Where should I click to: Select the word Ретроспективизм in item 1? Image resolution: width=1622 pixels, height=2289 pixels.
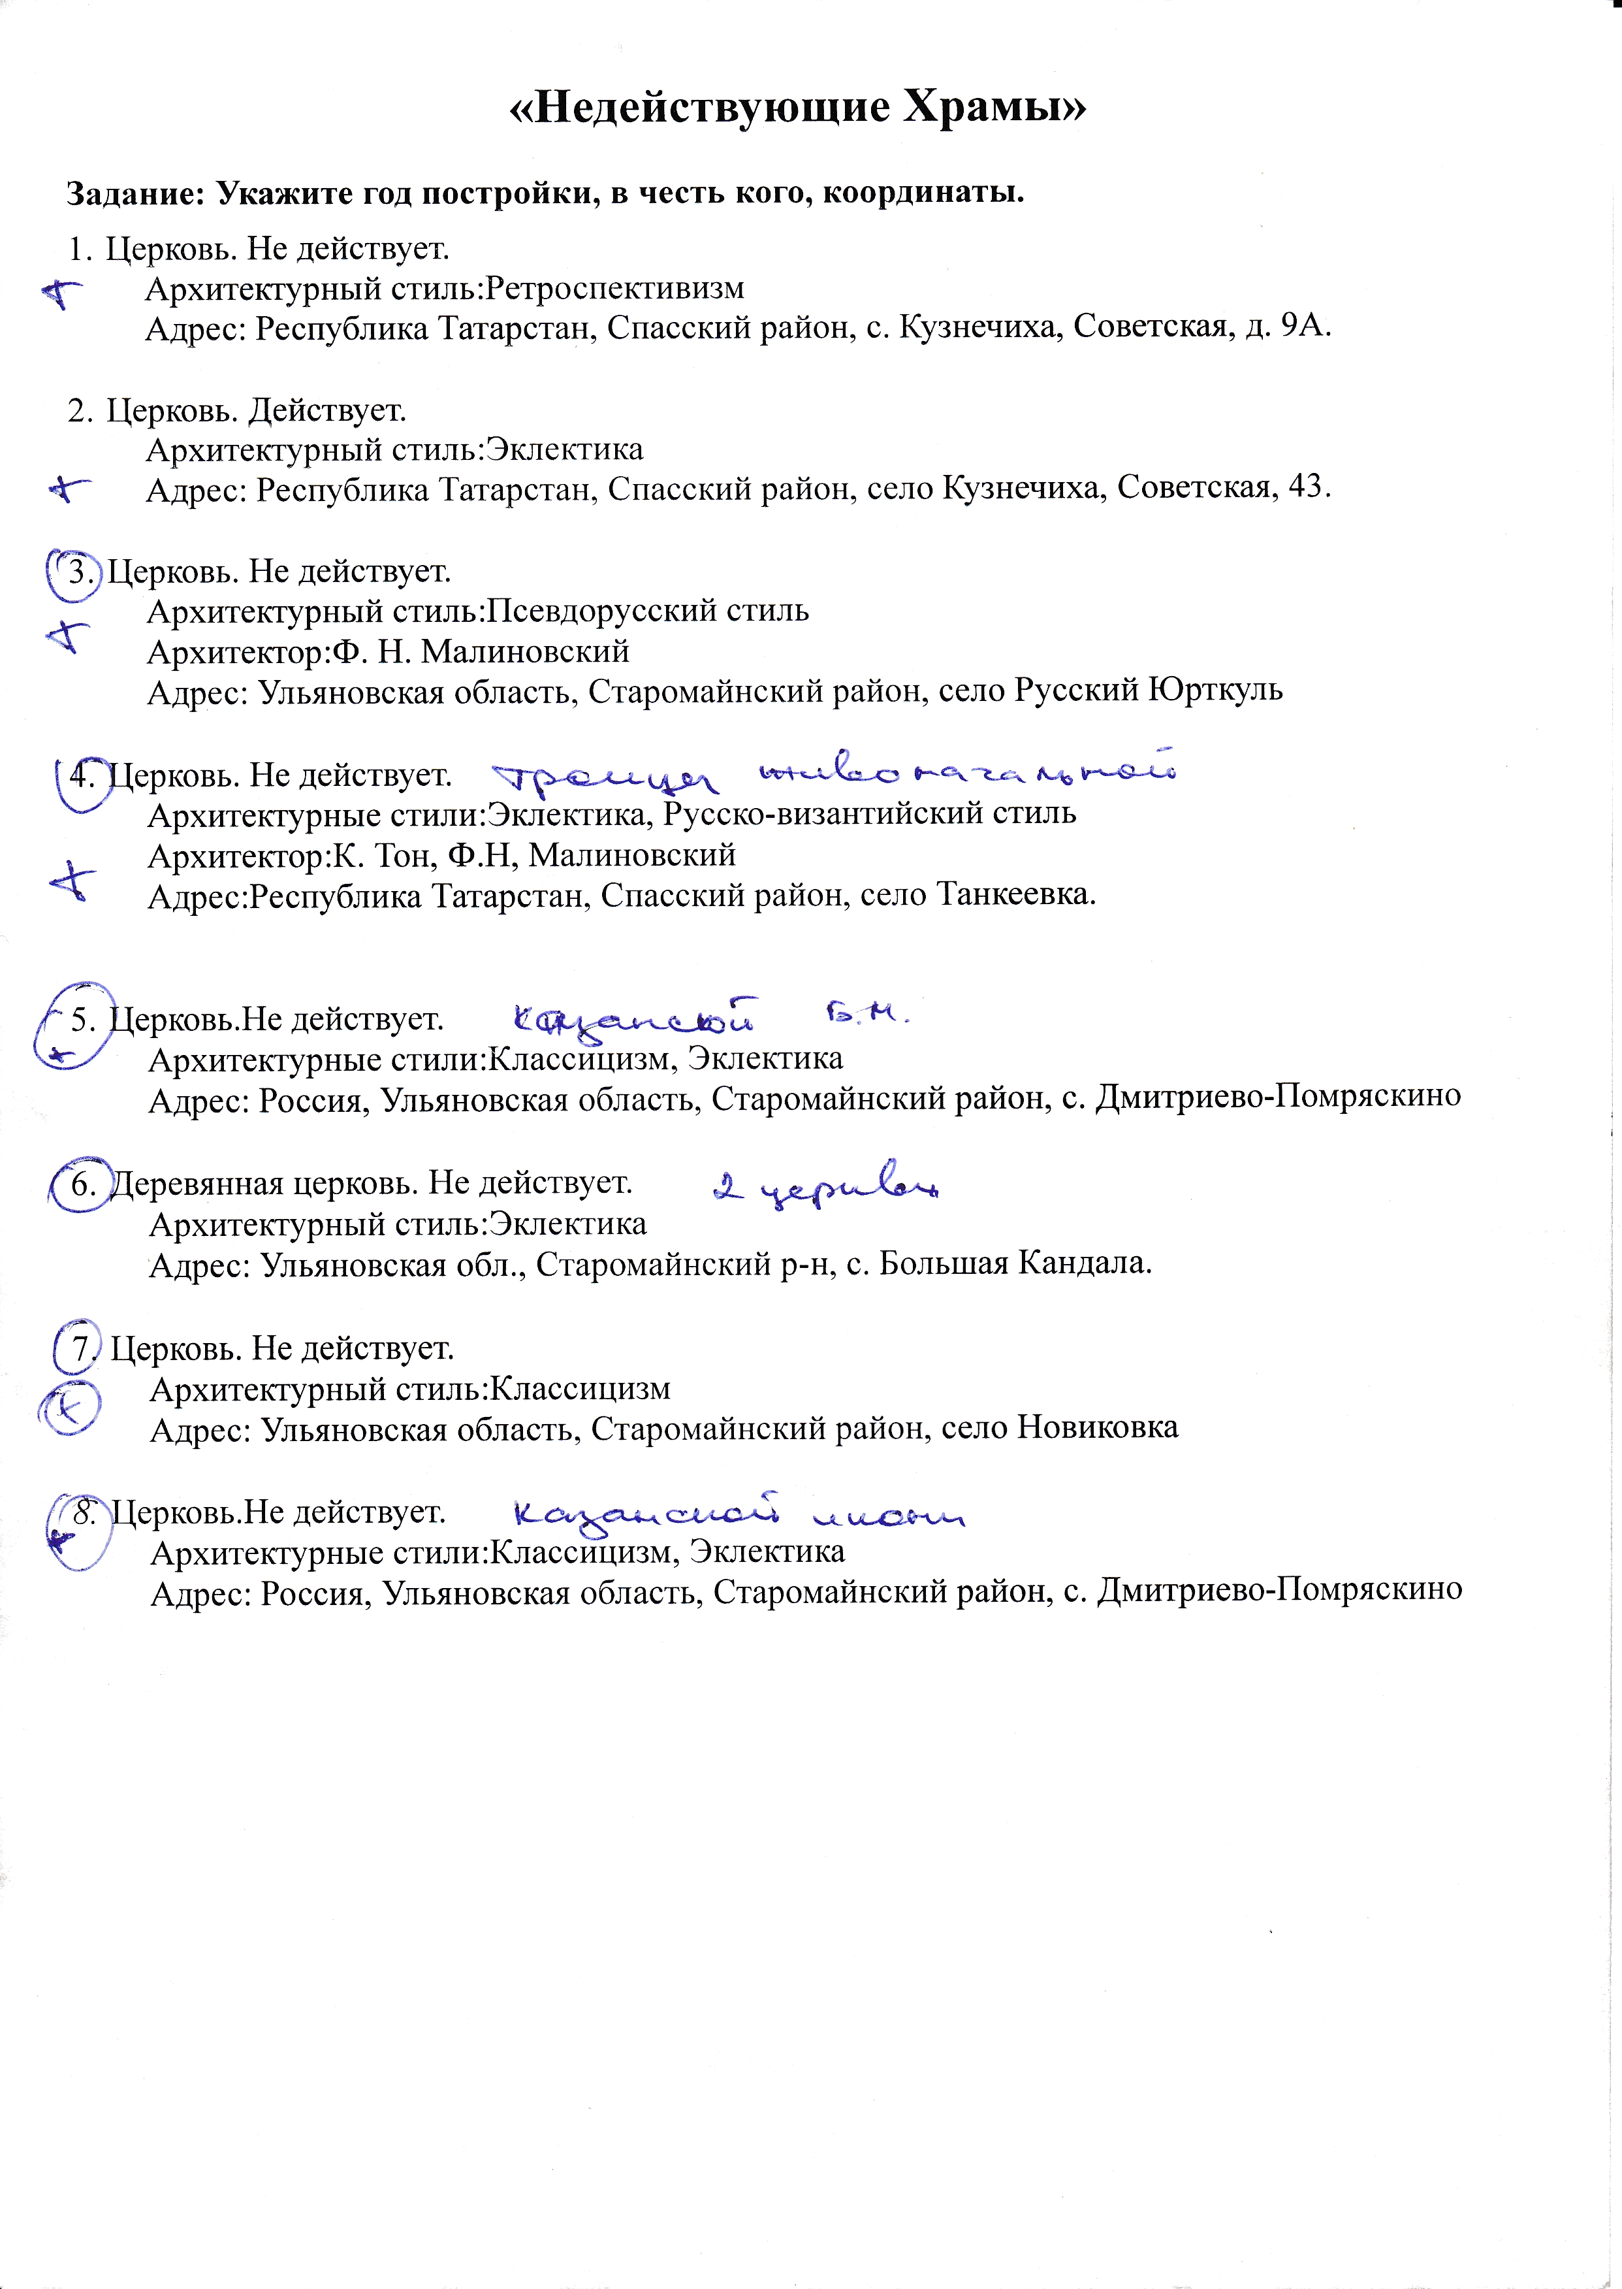click(x=615, y=289)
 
